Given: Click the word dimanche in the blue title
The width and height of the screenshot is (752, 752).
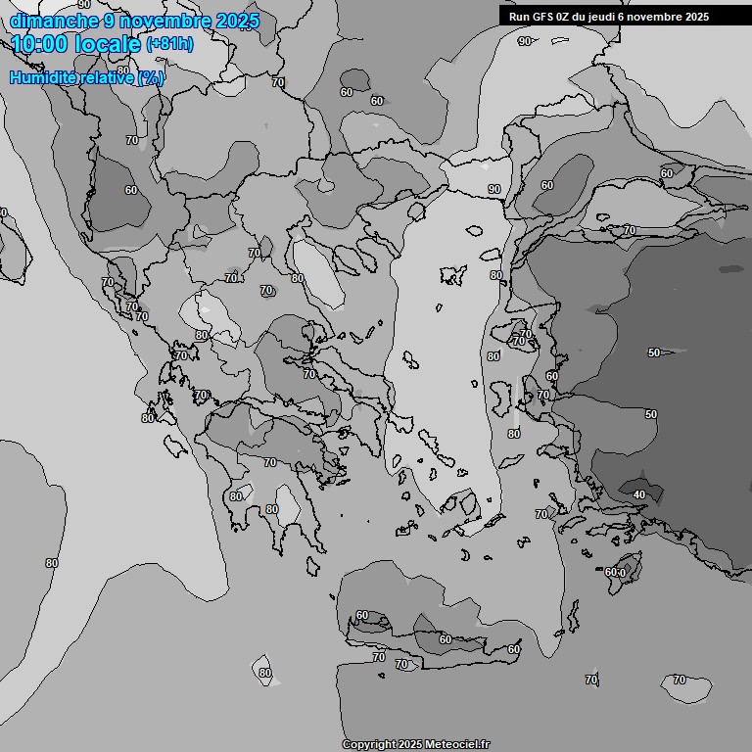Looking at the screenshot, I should [54, 22].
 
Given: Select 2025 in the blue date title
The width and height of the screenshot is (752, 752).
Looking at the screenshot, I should [236, 22].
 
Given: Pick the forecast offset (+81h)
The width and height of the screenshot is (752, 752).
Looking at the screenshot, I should [169, 44].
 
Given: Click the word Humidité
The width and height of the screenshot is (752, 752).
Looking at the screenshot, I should [40, 78].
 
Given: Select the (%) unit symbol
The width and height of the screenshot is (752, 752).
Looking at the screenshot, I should [151, 78].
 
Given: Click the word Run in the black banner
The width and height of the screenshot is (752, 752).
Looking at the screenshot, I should [520, 17].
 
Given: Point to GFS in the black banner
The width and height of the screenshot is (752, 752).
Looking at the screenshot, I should [543, 17].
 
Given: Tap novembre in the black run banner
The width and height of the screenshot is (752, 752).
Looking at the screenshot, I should [658, 17].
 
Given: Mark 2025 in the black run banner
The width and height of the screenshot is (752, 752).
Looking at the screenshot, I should [697, 17].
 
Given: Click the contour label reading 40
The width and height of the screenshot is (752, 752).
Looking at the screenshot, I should [639, 495].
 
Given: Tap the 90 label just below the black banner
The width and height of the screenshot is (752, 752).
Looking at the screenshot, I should [525, 41].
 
